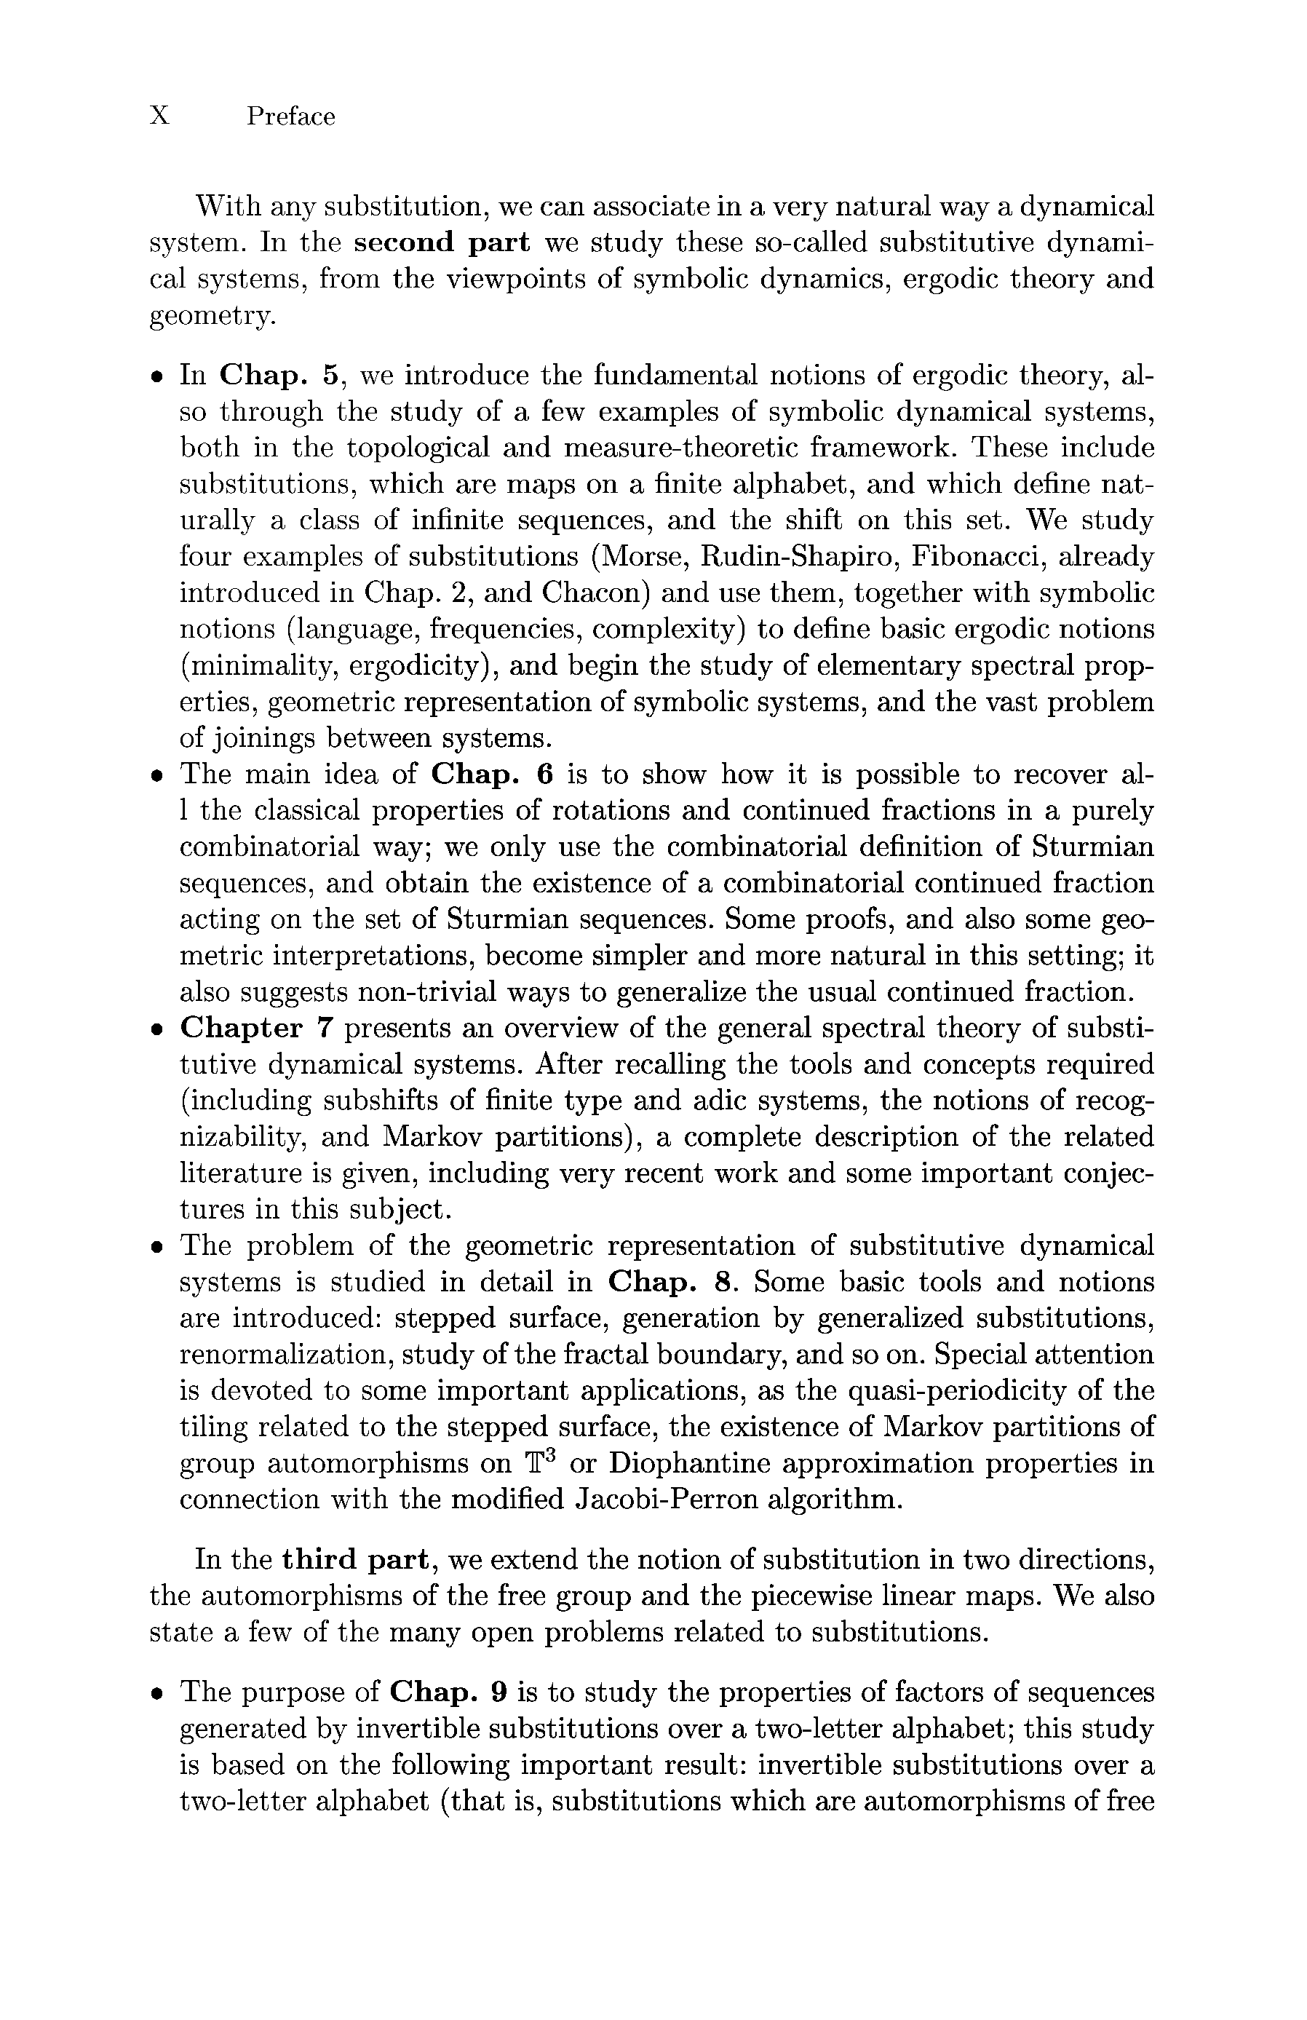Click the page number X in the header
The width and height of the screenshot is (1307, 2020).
(x=159, y=116)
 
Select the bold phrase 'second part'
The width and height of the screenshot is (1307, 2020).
(x=441, y=242)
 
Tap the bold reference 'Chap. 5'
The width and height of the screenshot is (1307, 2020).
(x=279, y=375)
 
